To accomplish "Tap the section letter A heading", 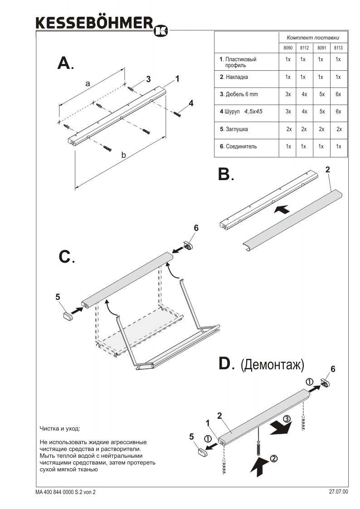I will coord(64,63).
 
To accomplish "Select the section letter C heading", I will coord(65,257).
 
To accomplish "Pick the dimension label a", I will coord(88,83).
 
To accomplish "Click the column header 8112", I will coord(304,48).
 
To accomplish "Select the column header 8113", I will coord(338,48).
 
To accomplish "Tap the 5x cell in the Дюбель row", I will coord(321,94).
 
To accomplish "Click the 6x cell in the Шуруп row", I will coord(338,112).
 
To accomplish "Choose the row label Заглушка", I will coord(236,129).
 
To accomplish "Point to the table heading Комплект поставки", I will coord(312,37).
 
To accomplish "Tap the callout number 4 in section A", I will coord(191,103).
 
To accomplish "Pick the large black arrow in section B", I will coord(282,210).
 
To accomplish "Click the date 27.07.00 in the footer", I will coord(338,491).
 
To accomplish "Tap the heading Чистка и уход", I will coord(59,428).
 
